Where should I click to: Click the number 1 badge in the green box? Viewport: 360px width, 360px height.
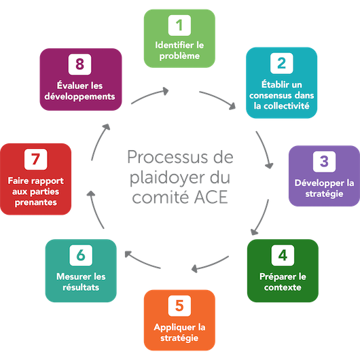click(x=179, y=25)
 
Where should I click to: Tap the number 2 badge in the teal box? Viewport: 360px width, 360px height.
click(x=281, y=63)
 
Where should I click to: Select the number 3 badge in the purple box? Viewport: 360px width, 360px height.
click(x=324, y=162)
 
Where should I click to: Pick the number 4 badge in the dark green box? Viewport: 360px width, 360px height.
click(x=283, y=255)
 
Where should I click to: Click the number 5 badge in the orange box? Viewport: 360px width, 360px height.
click(x=179, y=306)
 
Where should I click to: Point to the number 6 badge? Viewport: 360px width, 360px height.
click(x=81, y=255)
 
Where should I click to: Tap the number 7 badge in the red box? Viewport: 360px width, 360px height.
click(x=36, y=159)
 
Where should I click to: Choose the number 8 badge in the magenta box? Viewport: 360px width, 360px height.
click(x=79, y=65)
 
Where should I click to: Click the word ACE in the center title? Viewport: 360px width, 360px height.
click(x=211, y=197)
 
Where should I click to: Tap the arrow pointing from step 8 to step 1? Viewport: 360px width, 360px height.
click(x=149, y=95)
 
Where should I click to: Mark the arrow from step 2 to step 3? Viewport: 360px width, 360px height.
click(x=264, y=149)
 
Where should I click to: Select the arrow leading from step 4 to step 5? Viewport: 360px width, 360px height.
click(x=210, y=264)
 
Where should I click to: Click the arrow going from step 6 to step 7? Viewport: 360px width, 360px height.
click(x=95, y=210)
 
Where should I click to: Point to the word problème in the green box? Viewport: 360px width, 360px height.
click(x=179, y=56)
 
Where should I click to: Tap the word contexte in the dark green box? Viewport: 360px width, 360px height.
click(x=283, y=287)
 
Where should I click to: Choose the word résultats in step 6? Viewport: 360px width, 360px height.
click(x=81, y=287)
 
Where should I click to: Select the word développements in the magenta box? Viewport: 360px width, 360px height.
click(x=79, y=97)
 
